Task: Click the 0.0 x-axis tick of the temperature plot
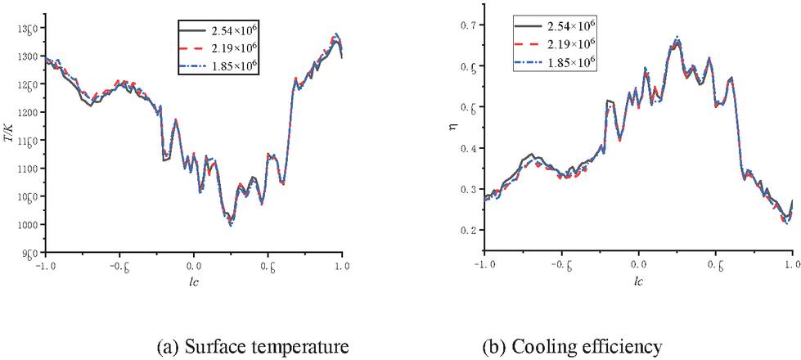pos(193,265)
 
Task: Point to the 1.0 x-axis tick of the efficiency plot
pos(791,266)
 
